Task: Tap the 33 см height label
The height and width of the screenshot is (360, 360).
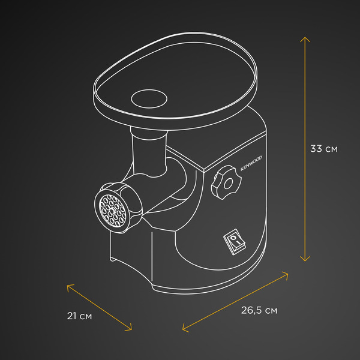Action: click(x=323, y=149)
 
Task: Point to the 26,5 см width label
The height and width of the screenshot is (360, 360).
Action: click(x=259, y=310)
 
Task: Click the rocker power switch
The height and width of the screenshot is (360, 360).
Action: click(x=235, y=242)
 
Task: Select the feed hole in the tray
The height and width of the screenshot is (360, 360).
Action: click(x=148, y=97)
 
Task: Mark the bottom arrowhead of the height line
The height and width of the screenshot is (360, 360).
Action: click(x=306, y=259)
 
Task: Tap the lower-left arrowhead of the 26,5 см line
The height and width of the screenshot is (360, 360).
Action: click(x=183, y=329)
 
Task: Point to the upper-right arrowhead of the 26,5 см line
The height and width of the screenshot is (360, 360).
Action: click(x=290, y=274)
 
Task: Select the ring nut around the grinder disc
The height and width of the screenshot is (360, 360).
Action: click(x=128, y=204)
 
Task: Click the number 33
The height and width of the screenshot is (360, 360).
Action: click(x=317, y=149)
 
